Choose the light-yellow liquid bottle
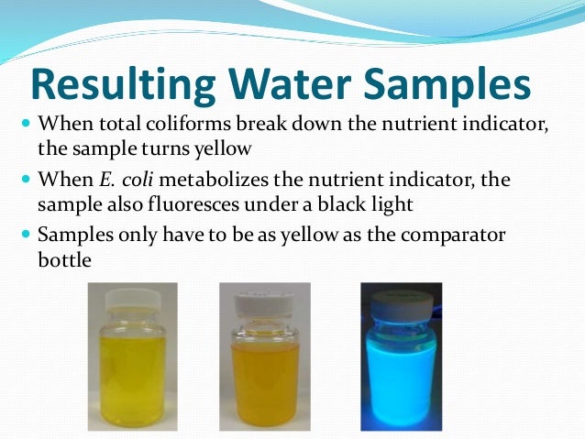(x=132, y=371)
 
